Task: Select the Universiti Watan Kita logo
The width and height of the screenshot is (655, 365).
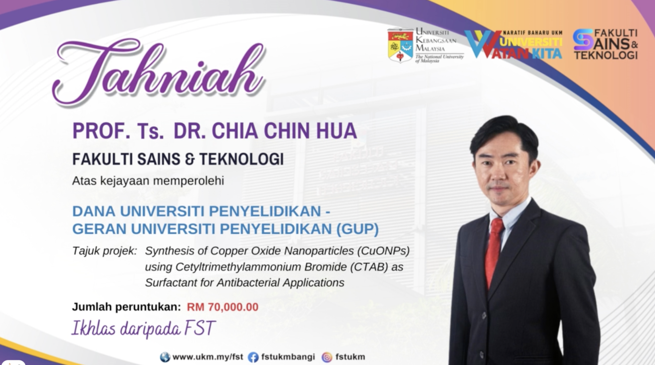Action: coord(513,45)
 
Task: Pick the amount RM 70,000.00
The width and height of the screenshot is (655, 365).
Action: coord(223,307)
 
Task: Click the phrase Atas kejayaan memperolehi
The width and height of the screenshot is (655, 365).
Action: coord(148,181)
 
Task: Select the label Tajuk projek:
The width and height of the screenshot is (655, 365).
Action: coord(105,251)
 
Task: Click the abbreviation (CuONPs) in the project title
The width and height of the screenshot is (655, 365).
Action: coord(383,251)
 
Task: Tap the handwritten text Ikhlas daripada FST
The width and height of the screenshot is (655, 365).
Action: coord(143,328)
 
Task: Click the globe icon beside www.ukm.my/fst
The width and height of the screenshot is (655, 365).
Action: coord(165,357)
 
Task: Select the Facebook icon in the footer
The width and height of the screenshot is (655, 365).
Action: coord(253,357)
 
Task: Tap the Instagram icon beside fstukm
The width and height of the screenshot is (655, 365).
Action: coord(327,357)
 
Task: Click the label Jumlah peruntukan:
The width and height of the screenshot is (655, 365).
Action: coord(126,307)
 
